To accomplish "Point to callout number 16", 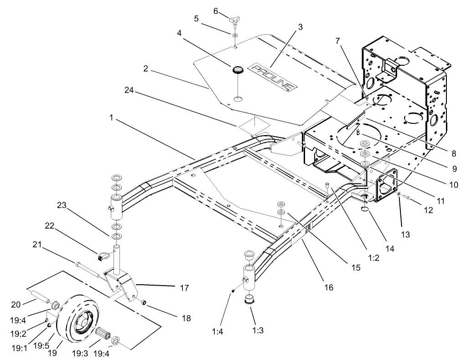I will pyautogui.click(x=328, y=287).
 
